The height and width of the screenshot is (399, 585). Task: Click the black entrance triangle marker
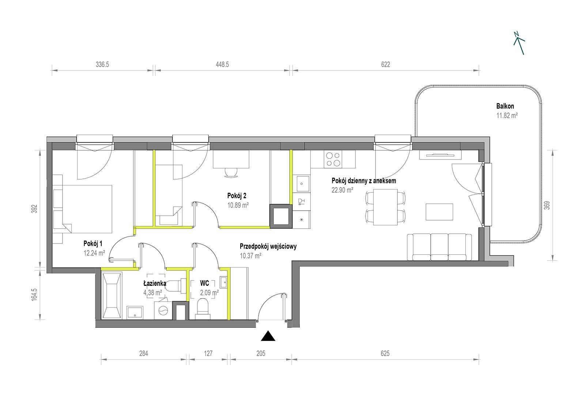(x=268, y=337)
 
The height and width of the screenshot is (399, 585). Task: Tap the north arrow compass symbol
(x=519, y=43)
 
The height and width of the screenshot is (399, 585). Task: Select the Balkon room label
(x=505, y=106)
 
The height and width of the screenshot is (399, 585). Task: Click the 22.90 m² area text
(x=342, y=190)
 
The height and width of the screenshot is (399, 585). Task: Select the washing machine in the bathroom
(x=163, y=310)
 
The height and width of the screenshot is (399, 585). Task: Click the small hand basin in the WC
(x=223, y=283)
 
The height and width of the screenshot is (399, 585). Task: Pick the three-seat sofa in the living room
(x=439, y=247)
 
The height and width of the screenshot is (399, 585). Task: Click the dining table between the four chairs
(x=385, y=207)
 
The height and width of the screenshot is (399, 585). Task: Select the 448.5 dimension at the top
(x=222, y=64)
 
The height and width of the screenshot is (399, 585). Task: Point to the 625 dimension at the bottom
(x=385, y=353)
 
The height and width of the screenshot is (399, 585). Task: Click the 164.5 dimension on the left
(x=34, y=295)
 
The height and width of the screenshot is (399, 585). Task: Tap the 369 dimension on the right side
(x=547, y=205)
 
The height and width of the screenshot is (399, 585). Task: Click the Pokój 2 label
(x=237, y=196)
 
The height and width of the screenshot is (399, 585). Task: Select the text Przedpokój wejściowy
(x=268, y=246)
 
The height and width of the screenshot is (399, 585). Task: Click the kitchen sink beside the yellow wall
(x=302, y=184)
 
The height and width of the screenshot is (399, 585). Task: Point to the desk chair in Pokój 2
(x=231, y=173)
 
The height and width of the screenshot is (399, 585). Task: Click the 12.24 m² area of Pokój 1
(x=94, y=253)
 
